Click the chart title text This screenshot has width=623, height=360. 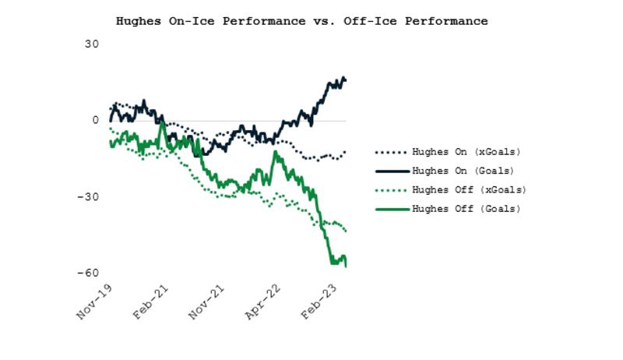point(301,21)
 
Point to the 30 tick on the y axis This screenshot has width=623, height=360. point(91,44)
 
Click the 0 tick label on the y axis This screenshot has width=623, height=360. point(95,121)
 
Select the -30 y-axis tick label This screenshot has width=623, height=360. point(88,197)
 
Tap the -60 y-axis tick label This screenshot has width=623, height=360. point(88,274)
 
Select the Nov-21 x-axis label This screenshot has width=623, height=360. point(206,302)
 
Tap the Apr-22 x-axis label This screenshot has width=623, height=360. point(263,302)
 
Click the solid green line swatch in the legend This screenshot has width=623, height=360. point(391,208)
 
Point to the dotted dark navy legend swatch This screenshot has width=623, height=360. point(391,152)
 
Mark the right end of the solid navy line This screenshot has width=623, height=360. point(346,79)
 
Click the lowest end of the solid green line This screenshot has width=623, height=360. point(346,266)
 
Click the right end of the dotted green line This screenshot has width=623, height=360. point(346,231)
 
